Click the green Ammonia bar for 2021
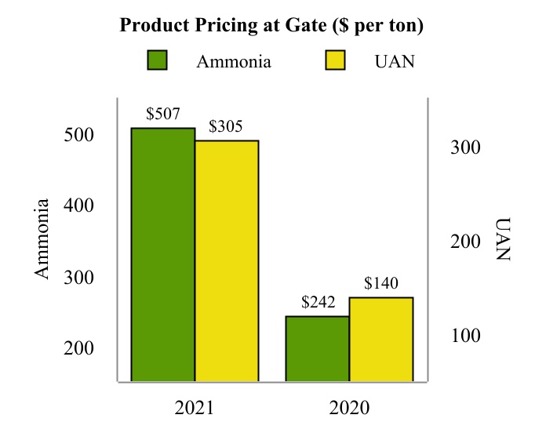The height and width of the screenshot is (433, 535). click(162, 255)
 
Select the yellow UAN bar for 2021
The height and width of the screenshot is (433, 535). click(227, 261)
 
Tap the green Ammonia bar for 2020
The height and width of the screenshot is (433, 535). click(317, 349)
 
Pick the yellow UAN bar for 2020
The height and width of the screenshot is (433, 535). click(381, 340)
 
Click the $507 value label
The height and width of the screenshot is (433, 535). click(163, 114)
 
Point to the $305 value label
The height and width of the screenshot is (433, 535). click(226, 126)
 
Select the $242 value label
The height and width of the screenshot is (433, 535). click(318, 302)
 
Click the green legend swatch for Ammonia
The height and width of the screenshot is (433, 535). click(158, 60)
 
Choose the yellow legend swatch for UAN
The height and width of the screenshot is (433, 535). click(336, 60)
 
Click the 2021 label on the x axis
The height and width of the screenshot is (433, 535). click(194, 408)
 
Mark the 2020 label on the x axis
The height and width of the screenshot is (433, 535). click(349, 408)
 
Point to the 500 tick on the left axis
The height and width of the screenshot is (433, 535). click(78, 135)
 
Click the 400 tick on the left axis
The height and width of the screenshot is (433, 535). click(78, 206)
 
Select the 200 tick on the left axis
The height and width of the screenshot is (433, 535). click(78, 349)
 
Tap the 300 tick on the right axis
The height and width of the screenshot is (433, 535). click(464, 147)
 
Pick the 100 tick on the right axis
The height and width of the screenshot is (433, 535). click(464, 336)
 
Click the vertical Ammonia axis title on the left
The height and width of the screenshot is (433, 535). click(43, 238)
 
